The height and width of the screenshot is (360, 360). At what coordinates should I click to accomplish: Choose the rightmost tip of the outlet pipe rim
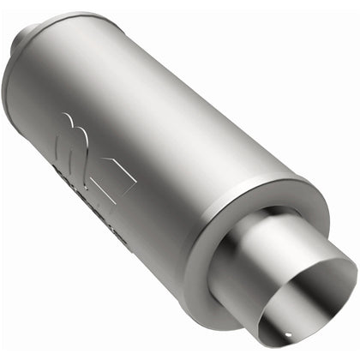pos(354,274)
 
